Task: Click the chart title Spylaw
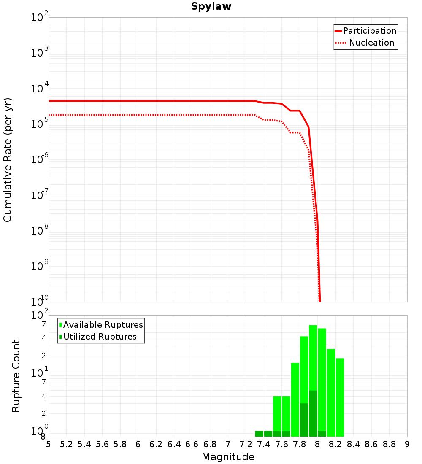[x=211, y=7]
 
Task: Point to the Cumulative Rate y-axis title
[x=8, y=159]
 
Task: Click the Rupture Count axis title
[x=16, y=375]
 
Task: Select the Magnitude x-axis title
[x=228, y=457]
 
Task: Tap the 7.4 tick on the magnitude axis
[x=264, y=444]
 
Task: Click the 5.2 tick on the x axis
[x=66, y=444]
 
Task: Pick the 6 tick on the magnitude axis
[x=138, y=444]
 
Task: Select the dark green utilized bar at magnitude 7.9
[x=313, y=413]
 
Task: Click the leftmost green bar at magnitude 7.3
[x=259, y=434]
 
